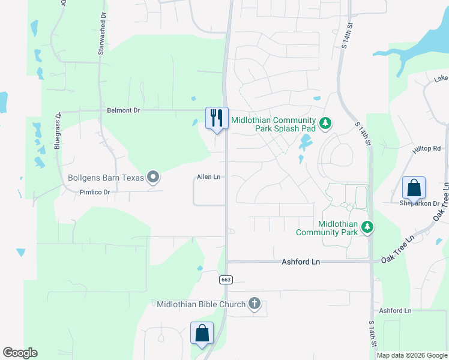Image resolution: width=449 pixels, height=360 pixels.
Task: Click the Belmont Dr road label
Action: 123,110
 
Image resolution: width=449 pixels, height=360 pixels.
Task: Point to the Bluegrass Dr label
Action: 58,130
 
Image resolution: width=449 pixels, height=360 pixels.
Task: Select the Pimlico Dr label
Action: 95,192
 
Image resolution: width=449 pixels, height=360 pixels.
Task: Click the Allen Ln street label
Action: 209,177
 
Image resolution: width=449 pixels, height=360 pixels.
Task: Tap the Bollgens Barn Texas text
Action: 106,178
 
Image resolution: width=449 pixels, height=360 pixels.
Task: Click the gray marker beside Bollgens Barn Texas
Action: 153,177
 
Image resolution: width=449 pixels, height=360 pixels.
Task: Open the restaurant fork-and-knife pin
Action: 217,117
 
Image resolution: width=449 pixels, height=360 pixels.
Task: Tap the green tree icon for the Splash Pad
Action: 325,124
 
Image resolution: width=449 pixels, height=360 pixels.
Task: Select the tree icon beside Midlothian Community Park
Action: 367,227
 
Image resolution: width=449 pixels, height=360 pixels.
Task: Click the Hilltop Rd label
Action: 427,148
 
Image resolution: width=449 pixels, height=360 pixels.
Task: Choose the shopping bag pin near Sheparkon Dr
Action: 414,188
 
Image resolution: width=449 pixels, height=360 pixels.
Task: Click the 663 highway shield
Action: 226,280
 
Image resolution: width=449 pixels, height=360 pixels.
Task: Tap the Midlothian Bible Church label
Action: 201,304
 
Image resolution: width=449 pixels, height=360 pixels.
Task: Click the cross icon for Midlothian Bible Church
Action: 255,304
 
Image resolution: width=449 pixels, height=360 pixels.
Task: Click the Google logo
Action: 20,353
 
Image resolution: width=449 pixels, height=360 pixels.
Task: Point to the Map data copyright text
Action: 412,355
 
